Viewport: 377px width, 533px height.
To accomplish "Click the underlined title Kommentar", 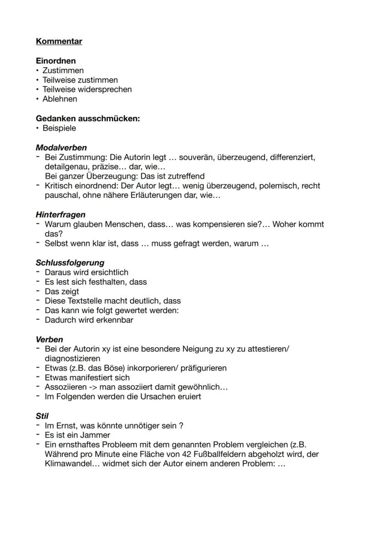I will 59,41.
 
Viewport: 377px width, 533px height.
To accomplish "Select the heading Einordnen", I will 56,61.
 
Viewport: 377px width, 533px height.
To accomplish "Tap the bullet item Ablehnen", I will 60,99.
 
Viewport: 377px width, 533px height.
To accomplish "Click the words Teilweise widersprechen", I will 87,89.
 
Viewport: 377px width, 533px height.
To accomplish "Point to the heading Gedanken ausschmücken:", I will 88,118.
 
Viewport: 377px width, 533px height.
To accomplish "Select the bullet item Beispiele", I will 59,128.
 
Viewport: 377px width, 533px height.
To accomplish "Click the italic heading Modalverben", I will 61,147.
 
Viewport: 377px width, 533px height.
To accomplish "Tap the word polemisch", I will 277,186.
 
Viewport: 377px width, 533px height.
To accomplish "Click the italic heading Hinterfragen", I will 61,214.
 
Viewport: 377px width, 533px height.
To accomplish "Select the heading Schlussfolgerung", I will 70,263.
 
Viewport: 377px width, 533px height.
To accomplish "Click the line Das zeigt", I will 61,291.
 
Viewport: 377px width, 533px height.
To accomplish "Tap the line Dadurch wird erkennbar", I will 89,320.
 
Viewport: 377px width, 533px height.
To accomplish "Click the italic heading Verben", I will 49,340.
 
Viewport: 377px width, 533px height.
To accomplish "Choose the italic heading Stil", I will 42,416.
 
